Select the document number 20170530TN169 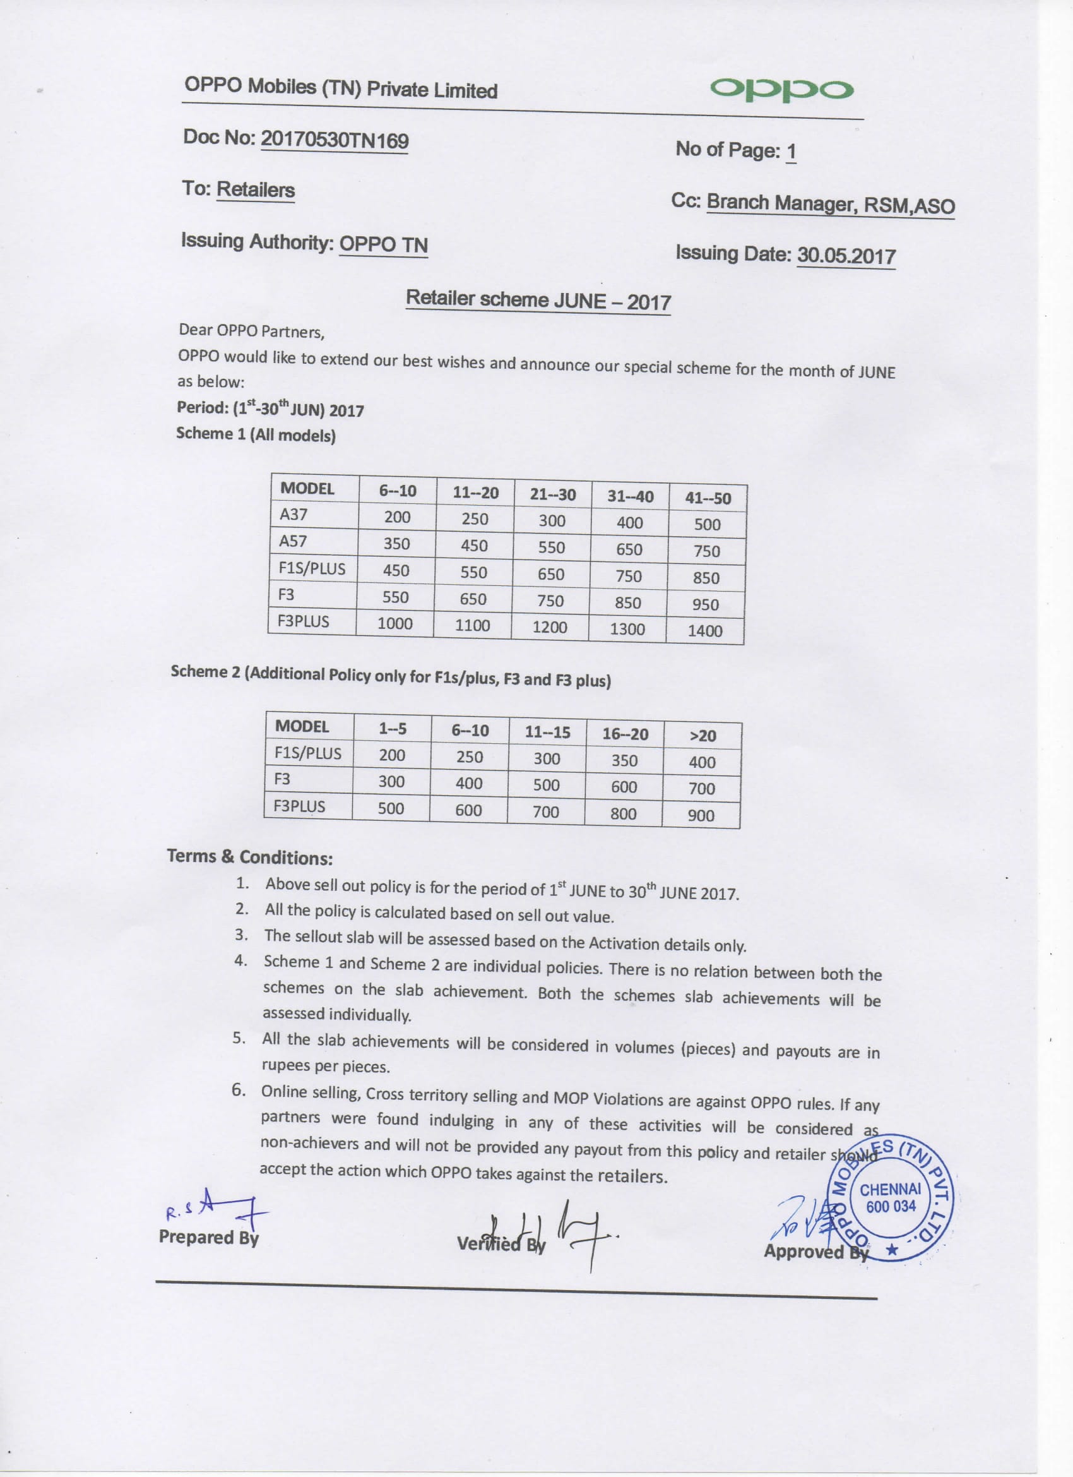click(x=335, y=140)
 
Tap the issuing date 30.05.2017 click(x=846, y=255)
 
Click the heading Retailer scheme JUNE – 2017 click(x=538, y=300)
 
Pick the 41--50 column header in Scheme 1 click(x=708, y=498)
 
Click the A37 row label click(x=293, y=515)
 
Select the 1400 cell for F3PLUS click(x=705, y=630)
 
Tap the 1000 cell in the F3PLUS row click(x=395, y=623)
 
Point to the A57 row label click(x=293, y=541)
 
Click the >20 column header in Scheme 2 click(x=702, y=736)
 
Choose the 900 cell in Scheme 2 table click(x=701, y=815)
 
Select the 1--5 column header click(x=393, y=729)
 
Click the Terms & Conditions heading click(x=250, y=857)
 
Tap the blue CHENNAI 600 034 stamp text click(x=890, y=1199)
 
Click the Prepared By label click(x=208, y=1236)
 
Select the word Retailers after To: click(x=255, y=189)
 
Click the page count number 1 click(x=791, y=152)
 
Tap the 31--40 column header click(x=631, y=496)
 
